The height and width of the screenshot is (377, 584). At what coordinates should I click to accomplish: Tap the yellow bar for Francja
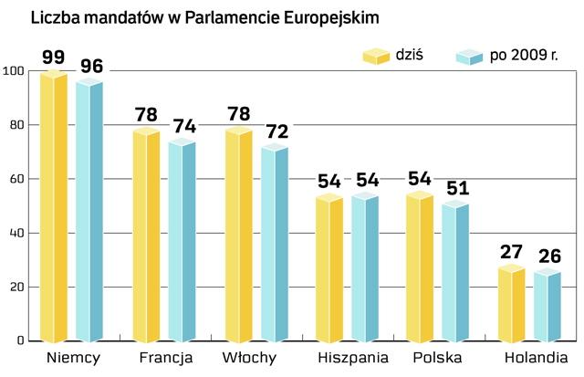click(x=146, y=236)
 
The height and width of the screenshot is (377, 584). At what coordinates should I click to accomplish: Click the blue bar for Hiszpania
click(x=365, y=268)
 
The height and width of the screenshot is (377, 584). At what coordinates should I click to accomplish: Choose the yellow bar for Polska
click(x=420, y=268)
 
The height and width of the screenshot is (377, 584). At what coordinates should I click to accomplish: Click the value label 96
click(x=89, y=67)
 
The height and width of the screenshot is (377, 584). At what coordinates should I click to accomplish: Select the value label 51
click(x=455, y=188)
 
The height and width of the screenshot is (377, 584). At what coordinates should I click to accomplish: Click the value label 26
click(x=547, y=257)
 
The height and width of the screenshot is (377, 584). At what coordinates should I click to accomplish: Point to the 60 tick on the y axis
click(x=16, y=179)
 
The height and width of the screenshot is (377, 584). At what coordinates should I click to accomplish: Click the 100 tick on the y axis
click(x=13, y=71)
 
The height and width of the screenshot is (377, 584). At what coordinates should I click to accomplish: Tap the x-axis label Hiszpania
click(x=353, y=358)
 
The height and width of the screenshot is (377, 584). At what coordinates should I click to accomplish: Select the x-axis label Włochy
click(x=248, y=358)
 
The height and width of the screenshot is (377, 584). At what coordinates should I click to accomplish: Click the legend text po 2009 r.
click(x=524, y=58)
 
